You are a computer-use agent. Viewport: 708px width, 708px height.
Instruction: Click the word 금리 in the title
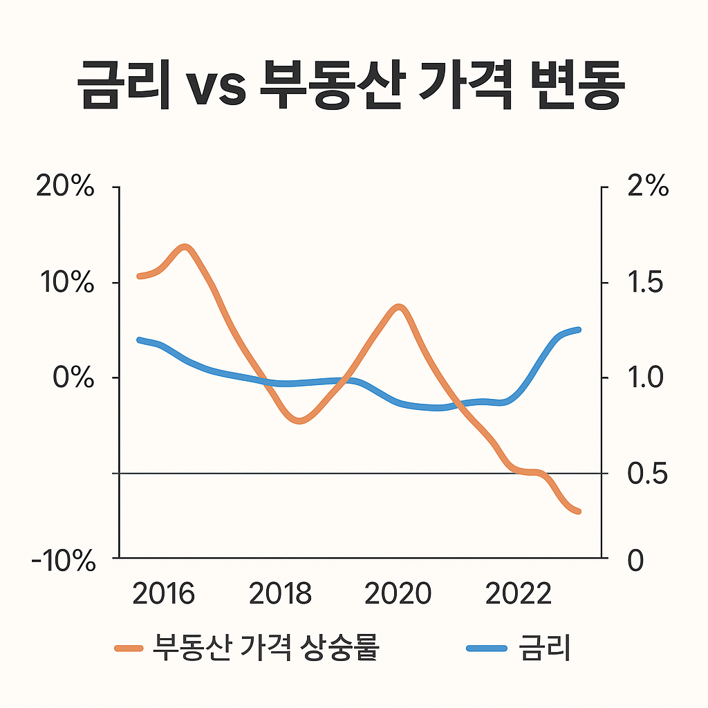pos(124,86)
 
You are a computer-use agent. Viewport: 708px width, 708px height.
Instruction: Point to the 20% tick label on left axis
pos(64,187)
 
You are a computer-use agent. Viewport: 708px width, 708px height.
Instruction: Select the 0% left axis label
pos(72,378)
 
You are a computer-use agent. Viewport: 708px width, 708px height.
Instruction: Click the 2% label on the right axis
pos(648,187)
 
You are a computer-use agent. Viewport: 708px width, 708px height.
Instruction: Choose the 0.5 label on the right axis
pos(646,474)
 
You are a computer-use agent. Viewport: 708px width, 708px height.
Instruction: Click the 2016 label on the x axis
pos(163,594)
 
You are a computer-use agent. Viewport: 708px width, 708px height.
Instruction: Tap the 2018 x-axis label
pos(280,594)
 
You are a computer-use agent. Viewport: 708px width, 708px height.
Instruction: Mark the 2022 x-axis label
pos(519,594)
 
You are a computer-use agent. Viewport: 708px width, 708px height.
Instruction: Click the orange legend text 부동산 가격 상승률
pos(265,648)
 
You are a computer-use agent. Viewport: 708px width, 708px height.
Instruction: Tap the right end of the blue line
pos(577,330)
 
